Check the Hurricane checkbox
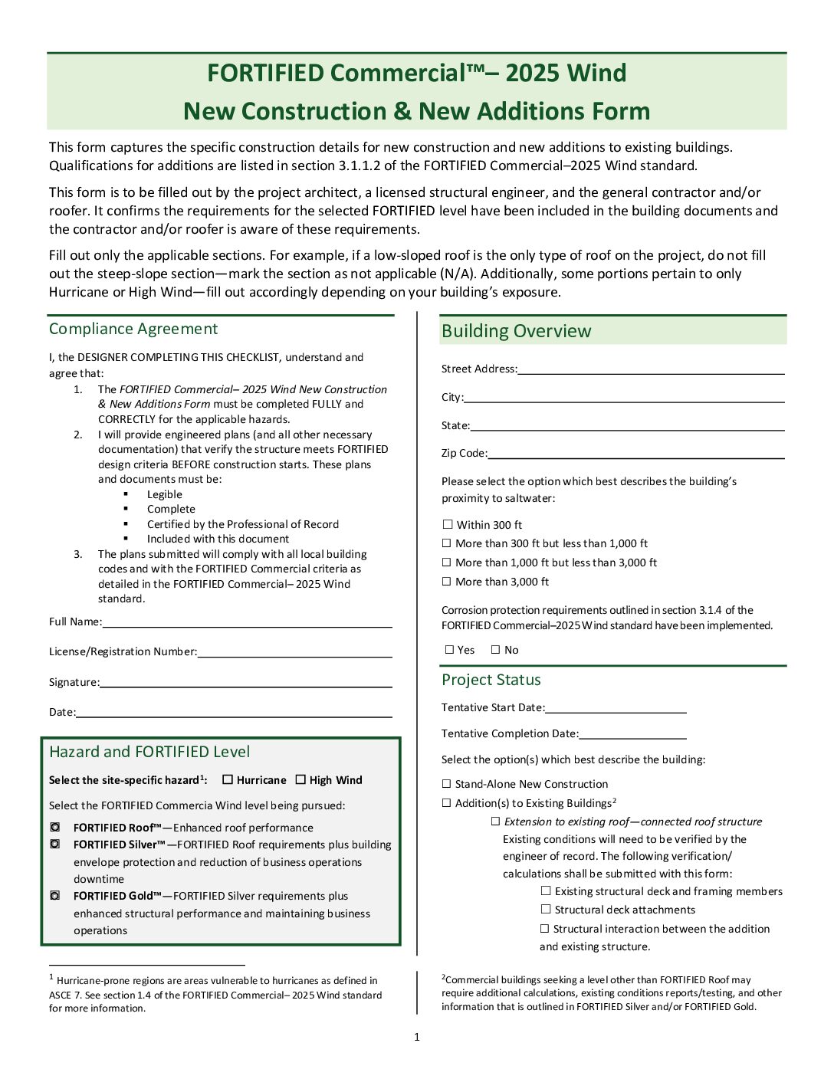(228, 780)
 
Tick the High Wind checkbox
(300, 780)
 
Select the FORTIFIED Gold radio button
(55, 896)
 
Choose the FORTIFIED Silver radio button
(55, 845)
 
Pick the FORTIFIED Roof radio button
(55, 828)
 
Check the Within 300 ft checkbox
(448, 525)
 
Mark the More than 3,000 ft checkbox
(447, 582)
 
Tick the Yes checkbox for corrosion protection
(450, 650)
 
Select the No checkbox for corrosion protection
(495, 650)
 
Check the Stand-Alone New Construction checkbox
(447, 784)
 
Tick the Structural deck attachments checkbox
(546, 910)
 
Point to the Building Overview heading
(517, 331)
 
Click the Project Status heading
(491, 680)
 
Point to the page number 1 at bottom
(417, 1037)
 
